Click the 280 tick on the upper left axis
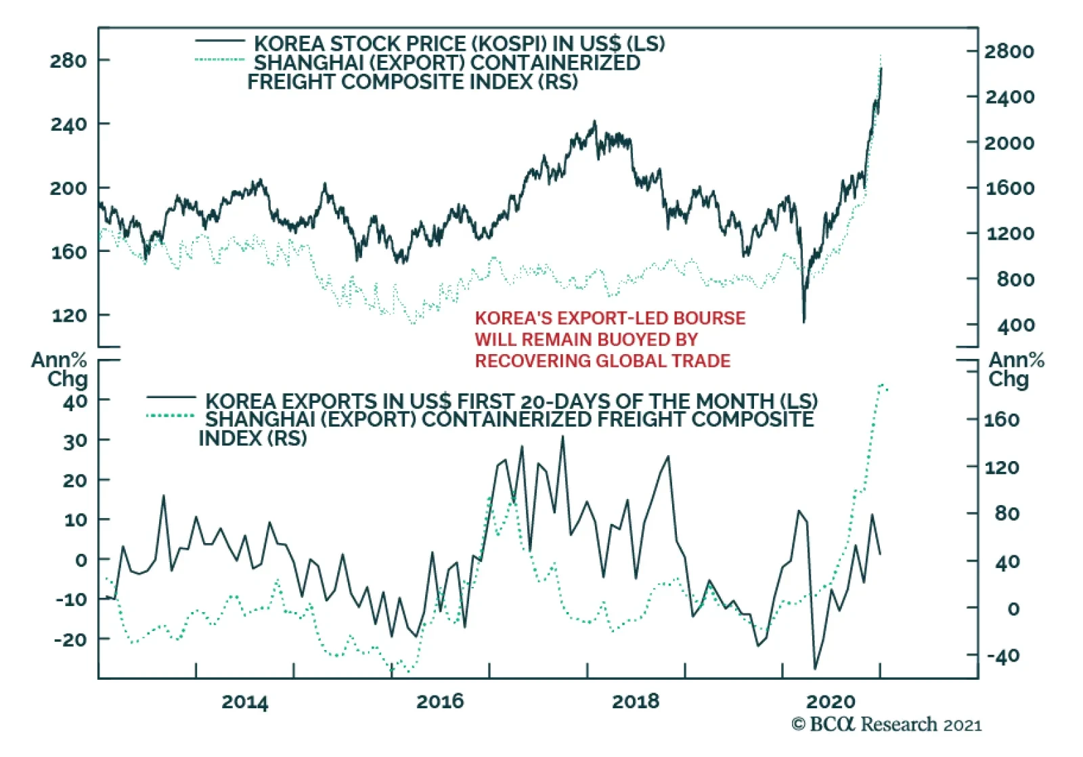pyautogui.click(x=68, y=61)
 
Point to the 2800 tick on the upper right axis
pyautogui.click(x=1009, y=51)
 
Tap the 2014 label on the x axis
pyautogui.click(x=244, y=702)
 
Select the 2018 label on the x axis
pyautogui.click(x=636, y=701)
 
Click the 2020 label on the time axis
pyautogui.click(x=831, y=701)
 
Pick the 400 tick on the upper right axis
pyautogui.click(x=1015, y=326)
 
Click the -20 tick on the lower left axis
pyautogui.click(x=70, y=639)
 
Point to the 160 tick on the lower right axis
pyautogui.click(x=1001, y=420)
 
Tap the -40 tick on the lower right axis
pyautogui.click(x=1002, y=655)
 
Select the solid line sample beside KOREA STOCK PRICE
pyautogui.click(x=220, y=41)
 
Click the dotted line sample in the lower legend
pyautogui.click(x=171, y=416)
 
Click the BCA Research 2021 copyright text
pyautogui.click(x=887, y=724)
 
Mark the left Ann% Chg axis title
pyautogui.click(x=60, y=368)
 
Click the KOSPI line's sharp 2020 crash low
pyautogui.click(x=804, y=321)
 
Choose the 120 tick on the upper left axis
pyautogui.click(x=68, y=316)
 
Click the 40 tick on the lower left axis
pyautogui.click(x=76, y=402)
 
